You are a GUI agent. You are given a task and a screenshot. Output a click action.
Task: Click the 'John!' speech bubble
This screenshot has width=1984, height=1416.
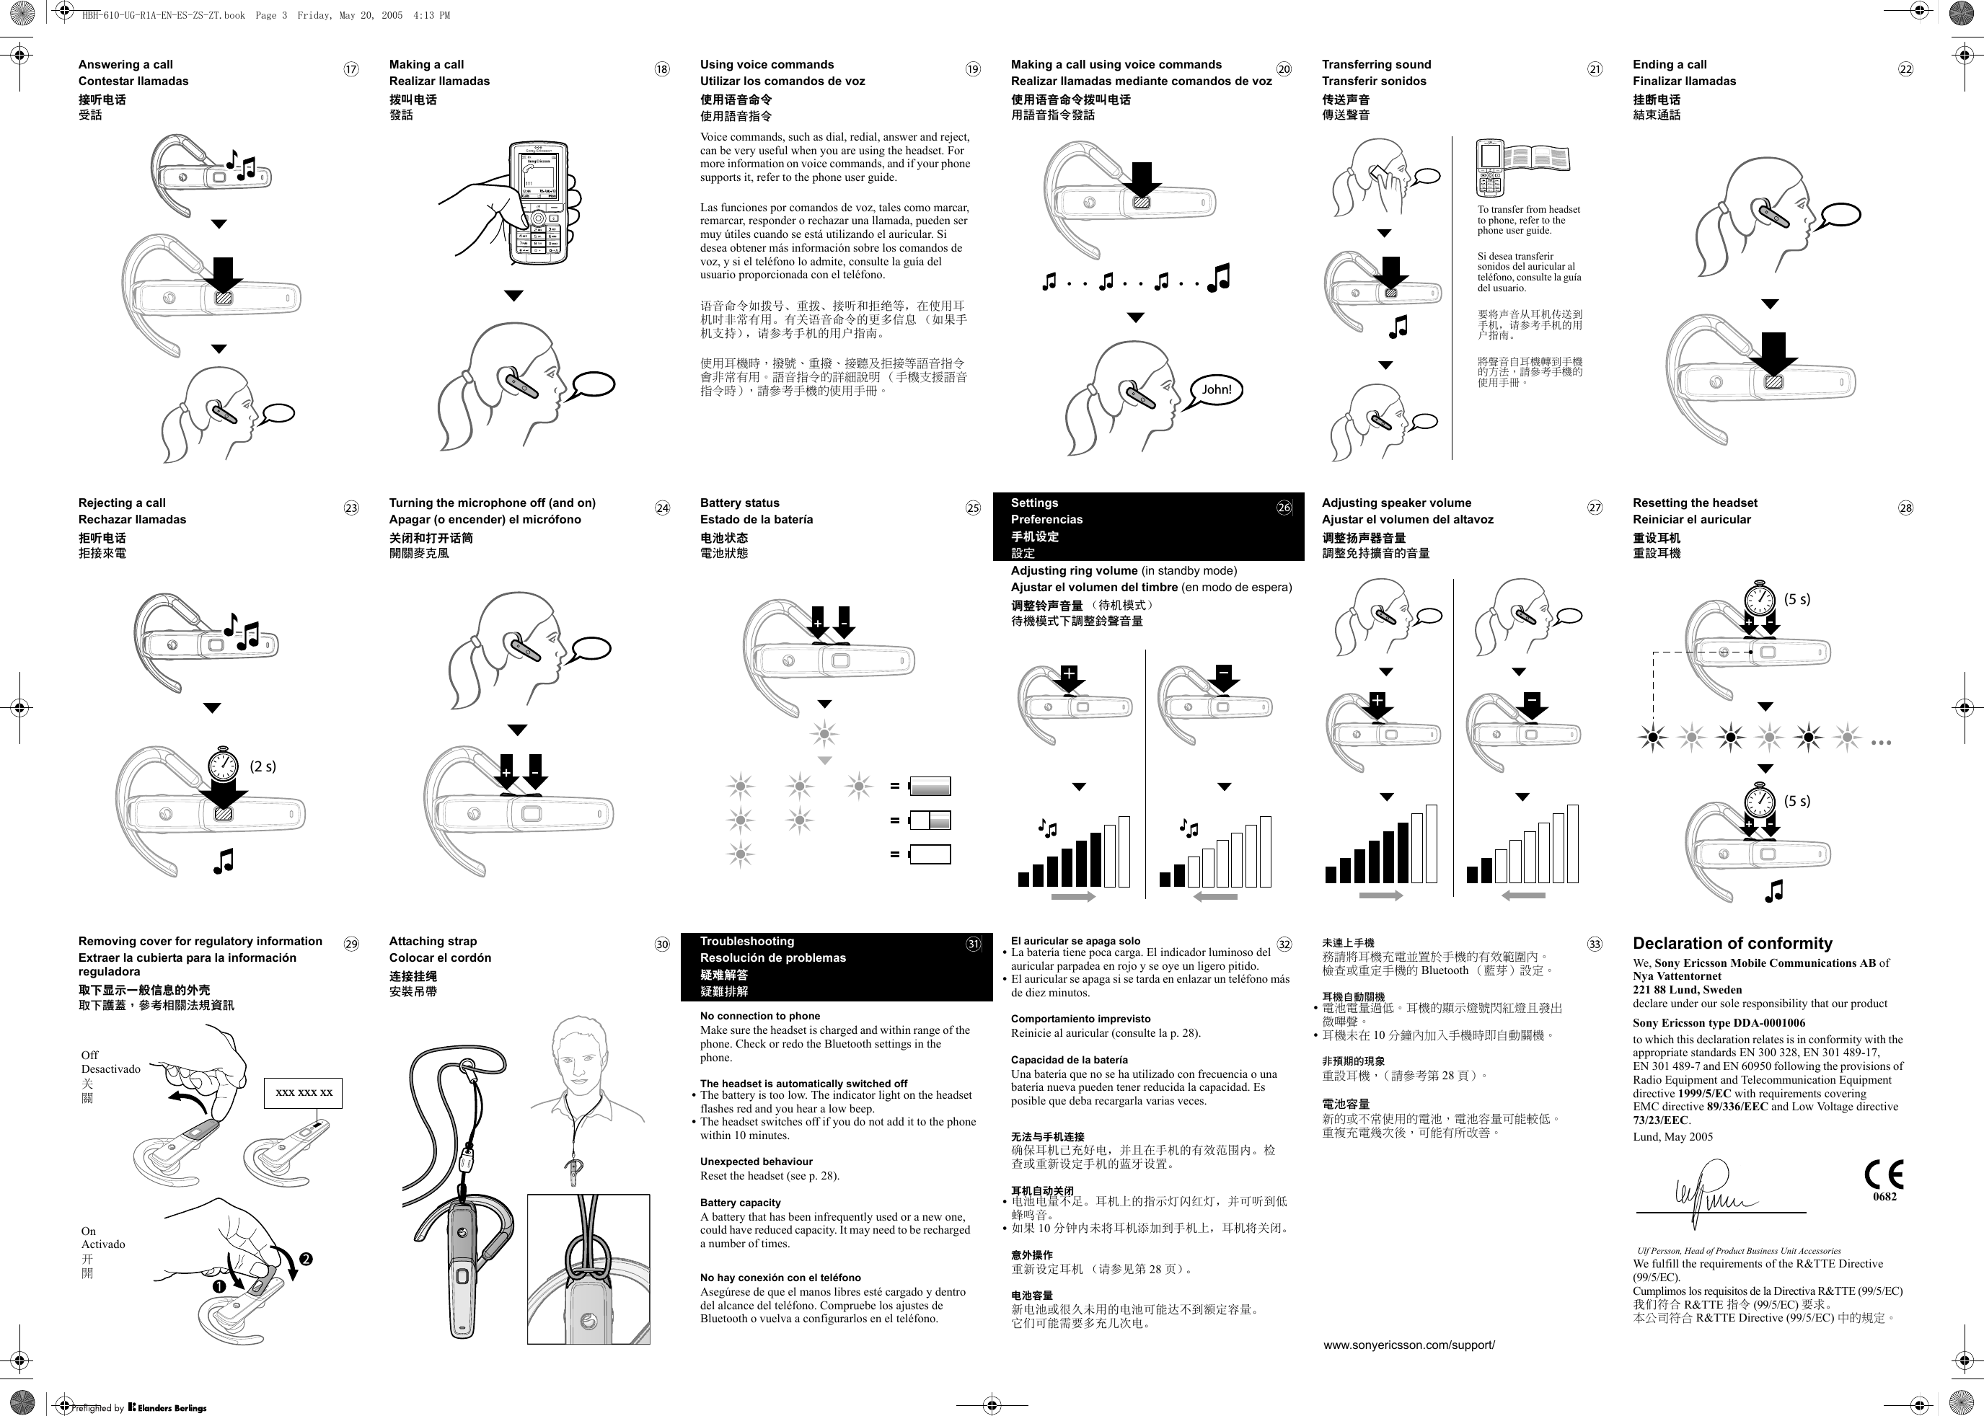pyautogui.click(x=1216, y=390)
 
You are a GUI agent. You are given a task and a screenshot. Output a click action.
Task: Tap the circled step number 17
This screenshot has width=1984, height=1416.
pyautogui.click(x=350, y=70)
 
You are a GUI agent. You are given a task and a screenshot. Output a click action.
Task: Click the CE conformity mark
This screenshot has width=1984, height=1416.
pyautogui.click(x=1884, y=1174)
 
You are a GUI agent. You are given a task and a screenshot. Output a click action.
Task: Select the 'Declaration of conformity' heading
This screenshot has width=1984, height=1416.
pyautogui.click(x=1732, y=944)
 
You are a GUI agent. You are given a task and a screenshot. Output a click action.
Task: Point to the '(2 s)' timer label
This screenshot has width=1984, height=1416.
pyautogui.click(x=263, y=766)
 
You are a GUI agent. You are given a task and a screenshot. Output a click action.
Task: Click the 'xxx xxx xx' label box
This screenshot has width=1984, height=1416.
pyautogui.click(x=304, y=1092)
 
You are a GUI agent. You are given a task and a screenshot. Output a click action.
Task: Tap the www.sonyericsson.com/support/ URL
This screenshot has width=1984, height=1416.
pyautogui.click(x=1409, y=1345)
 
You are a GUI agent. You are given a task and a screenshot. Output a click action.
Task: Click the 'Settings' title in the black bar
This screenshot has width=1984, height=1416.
pyautogui.click(x=1034, y=503)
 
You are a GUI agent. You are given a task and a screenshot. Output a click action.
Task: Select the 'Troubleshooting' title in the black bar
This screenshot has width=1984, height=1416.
pyautogui.click(x=746, y=942)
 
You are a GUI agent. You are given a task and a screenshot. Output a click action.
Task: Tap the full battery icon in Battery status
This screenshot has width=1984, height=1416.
pyautogui.click(x=930, y=787)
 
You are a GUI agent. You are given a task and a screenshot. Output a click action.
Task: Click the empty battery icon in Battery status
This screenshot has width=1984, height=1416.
pyautogui.click(x=930, y=854)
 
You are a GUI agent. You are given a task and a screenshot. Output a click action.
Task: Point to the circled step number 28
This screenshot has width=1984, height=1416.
pyautogui.click(x=1905, y=508)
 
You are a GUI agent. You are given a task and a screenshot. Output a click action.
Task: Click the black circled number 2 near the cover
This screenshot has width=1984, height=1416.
pyautogui.click(x=306, y=1259)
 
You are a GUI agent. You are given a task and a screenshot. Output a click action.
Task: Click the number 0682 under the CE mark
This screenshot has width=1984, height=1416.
pyautogui.click(x=1884, y=1197)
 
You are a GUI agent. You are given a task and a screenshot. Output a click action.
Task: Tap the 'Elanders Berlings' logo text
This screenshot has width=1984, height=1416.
pyautogui.click(x=172, y=1407)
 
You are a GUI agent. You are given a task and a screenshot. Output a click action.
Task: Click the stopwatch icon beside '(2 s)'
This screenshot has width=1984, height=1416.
pyautogui.click(x=224, y=766)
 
